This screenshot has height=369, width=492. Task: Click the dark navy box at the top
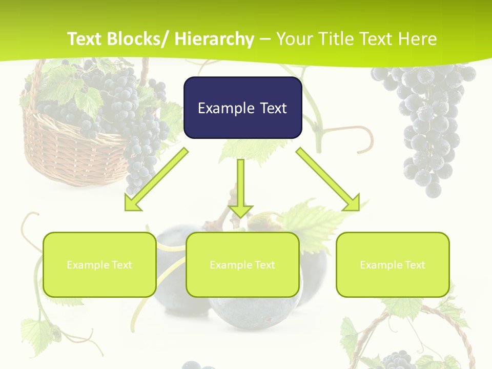(x=242, y=108)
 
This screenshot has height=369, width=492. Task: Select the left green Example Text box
(x=99, y=264)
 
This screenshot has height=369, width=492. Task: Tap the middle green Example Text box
(x=242, y=264)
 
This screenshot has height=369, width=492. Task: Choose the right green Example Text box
(x=393, y=264)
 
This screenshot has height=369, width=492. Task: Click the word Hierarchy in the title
(x=214, y=39)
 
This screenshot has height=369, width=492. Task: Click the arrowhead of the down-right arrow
(x=352, y=203)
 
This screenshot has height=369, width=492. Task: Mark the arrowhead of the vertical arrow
(x=240, y=210)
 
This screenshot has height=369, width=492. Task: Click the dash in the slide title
(x=265, y=39)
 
